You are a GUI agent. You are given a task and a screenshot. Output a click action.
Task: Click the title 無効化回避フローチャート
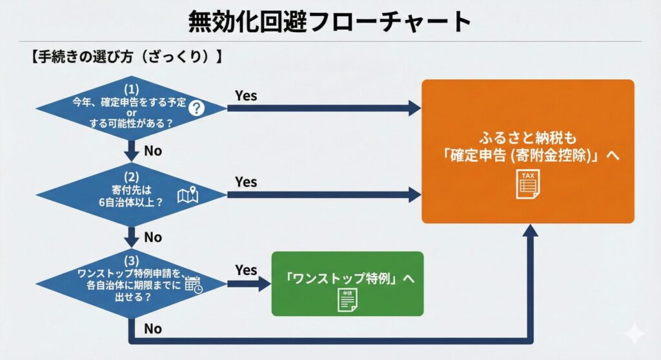[330, 22]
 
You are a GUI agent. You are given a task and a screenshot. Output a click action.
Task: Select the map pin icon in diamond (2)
[187, 194]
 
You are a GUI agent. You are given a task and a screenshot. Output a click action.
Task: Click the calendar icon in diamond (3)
[193, 284]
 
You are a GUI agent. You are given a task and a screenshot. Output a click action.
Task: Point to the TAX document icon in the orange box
[528, 184]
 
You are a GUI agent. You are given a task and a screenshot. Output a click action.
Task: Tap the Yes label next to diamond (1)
[246, 95]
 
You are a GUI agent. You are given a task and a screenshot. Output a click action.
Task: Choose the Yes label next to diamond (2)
[246, 182]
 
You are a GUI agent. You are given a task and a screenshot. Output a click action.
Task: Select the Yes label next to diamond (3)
[246, 270]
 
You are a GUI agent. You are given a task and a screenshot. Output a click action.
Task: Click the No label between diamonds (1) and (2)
[153, 150]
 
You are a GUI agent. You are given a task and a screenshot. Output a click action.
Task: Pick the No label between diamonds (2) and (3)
[153, 237]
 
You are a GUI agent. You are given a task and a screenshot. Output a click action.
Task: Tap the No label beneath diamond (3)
[153, 328]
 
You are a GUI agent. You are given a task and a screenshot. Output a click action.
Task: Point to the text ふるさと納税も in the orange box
[527, 137]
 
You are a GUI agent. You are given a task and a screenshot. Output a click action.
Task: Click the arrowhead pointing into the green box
[264, 284]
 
